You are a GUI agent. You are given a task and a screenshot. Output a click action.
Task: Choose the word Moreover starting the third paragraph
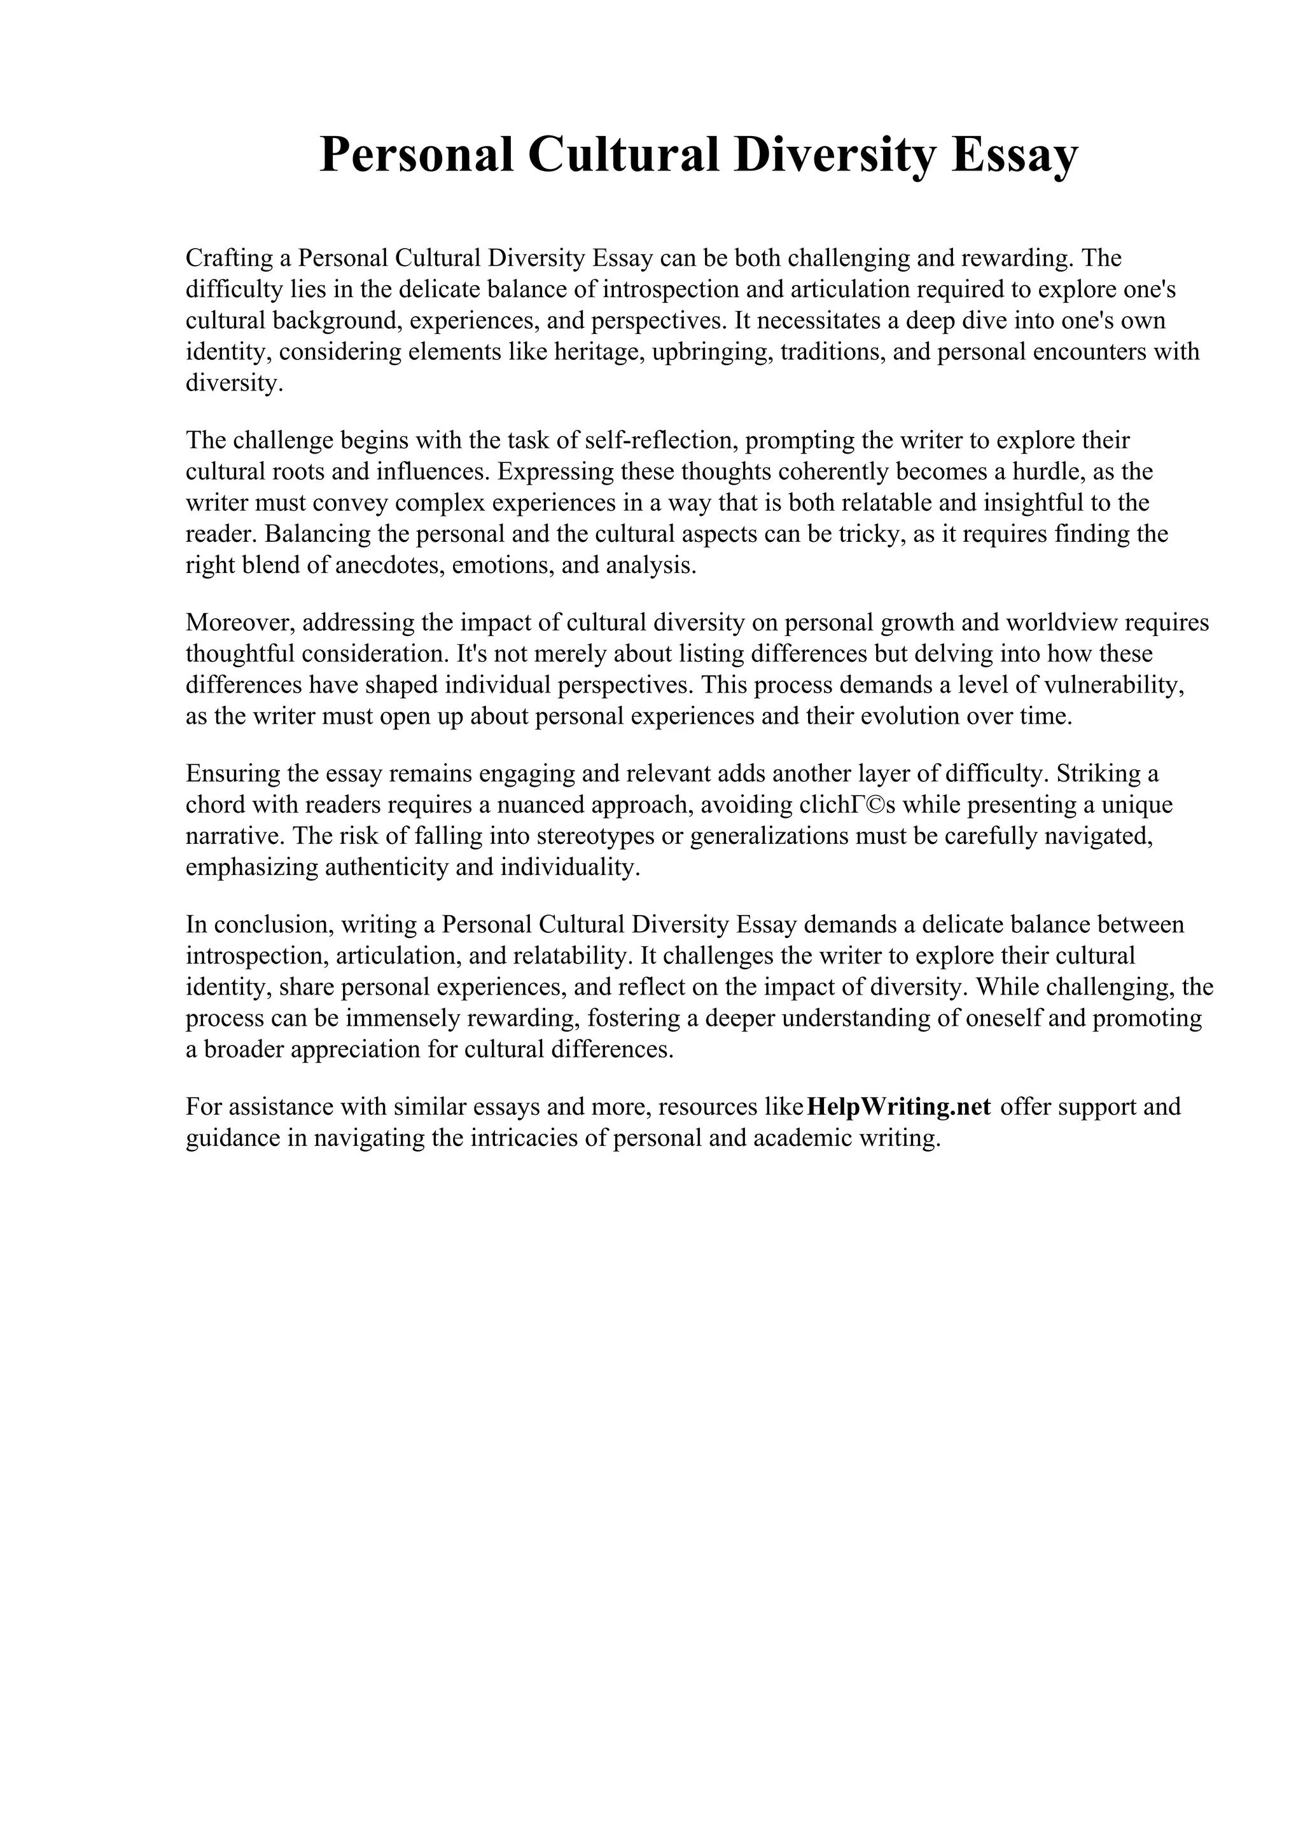(x=239, y=622)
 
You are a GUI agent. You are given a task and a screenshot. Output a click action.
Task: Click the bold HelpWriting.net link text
(x=898, y=1106)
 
